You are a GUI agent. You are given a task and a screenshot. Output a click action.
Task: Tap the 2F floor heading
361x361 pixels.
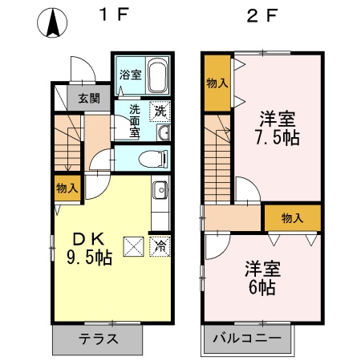pyautogui.click(x=262, y=17)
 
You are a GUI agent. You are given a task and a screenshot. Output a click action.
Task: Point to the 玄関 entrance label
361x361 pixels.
pyautogui.click(x=89, y=99)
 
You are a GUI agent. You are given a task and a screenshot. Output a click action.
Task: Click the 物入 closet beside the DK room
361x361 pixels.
pyautogui.click(x=67, y=189)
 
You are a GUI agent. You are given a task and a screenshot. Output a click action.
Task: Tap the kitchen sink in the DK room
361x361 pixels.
pyautogui.click(x=159, y=191)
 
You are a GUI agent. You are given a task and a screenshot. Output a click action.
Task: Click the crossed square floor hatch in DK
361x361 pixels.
pyautogui.click(x=132, y=246)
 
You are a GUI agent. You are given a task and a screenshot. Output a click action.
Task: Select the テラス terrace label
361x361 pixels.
pyautogui.click(x=99, y=338)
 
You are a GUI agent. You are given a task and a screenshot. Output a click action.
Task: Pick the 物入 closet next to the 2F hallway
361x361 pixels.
pyautogui.click(x=293, y=217)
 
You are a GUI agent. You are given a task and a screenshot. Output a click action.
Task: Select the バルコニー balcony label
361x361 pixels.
pyautogui.click(x=247, y=338)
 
